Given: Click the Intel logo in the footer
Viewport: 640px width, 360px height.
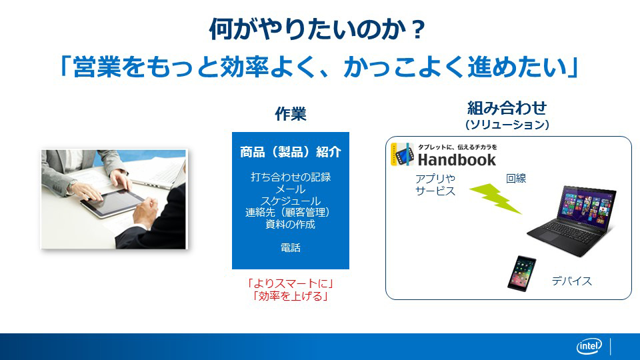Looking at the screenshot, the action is [x=589, y=347].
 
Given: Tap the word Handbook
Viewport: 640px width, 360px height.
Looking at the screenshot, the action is [x=457, y=159].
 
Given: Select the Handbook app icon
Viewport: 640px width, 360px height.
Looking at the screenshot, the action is [x=403, y=155].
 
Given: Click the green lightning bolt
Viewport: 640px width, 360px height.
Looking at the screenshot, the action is [x=495, y=199].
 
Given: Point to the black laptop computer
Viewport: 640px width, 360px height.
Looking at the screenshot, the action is [x=571, y=221].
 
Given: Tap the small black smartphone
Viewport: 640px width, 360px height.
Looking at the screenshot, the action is [x=521, y=273].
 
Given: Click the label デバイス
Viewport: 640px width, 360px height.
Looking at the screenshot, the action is [x=571, y=281].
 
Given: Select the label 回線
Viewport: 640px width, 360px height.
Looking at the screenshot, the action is [x=516, y=179].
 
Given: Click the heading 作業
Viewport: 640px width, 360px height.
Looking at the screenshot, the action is [x=290, y=114].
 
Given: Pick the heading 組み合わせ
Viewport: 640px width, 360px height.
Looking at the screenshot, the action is [x=507, y=108].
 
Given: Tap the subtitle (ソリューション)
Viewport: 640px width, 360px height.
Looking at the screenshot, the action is [x=507, y=125].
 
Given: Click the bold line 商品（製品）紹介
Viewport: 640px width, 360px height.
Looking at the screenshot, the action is [x=290, y=152].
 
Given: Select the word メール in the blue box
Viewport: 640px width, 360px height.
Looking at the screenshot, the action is [x=290, y=189].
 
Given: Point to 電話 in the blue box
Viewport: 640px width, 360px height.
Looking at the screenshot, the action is [x=290, y=248].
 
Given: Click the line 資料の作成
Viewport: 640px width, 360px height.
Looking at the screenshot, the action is [x=290, y=224].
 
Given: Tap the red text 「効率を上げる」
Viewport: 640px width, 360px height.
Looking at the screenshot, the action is [x=290, y=296].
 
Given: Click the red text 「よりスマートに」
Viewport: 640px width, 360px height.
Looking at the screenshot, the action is [x=290, y=283].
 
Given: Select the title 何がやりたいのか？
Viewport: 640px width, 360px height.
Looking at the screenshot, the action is [x=317, y=29].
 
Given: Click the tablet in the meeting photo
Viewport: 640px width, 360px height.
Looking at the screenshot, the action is [x=111, y=203].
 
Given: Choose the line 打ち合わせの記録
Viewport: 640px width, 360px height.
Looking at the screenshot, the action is [x=290, y=177].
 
